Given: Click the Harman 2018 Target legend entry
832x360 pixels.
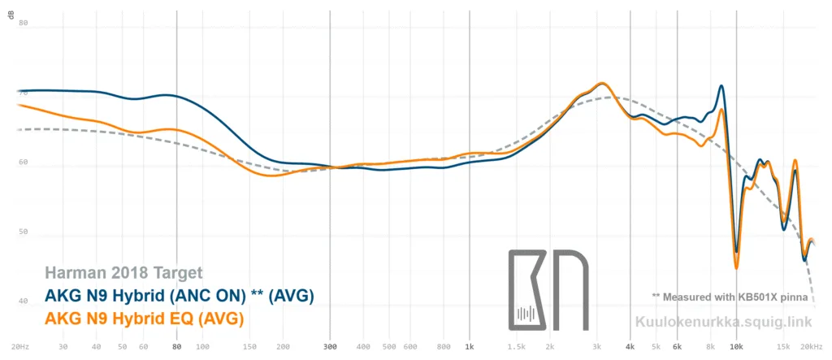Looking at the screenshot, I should point(123,273).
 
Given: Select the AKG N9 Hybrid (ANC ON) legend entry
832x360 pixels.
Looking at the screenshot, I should point(179,294).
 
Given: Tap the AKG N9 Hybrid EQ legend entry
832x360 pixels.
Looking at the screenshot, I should point(145,319).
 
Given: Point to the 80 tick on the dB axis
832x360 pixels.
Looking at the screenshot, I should point(23,24).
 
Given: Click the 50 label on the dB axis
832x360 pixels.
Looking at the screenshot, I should point(23,232).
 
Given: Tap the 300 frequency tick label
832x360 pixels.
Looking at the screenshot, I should point(329,345).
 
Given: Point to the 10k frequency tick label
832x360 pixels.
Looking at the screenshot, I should point(736,345).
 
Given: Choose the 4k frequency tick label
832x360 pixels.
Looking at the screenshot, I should point(630,345).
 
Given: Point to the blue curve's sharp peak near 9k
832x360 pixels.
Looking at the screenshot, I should point(721,86).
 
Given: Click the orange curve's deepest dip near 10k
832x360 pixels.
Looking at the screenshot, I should point(736,267).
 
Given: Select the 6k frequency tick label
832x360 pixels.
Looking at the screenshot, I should point(676,345).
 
